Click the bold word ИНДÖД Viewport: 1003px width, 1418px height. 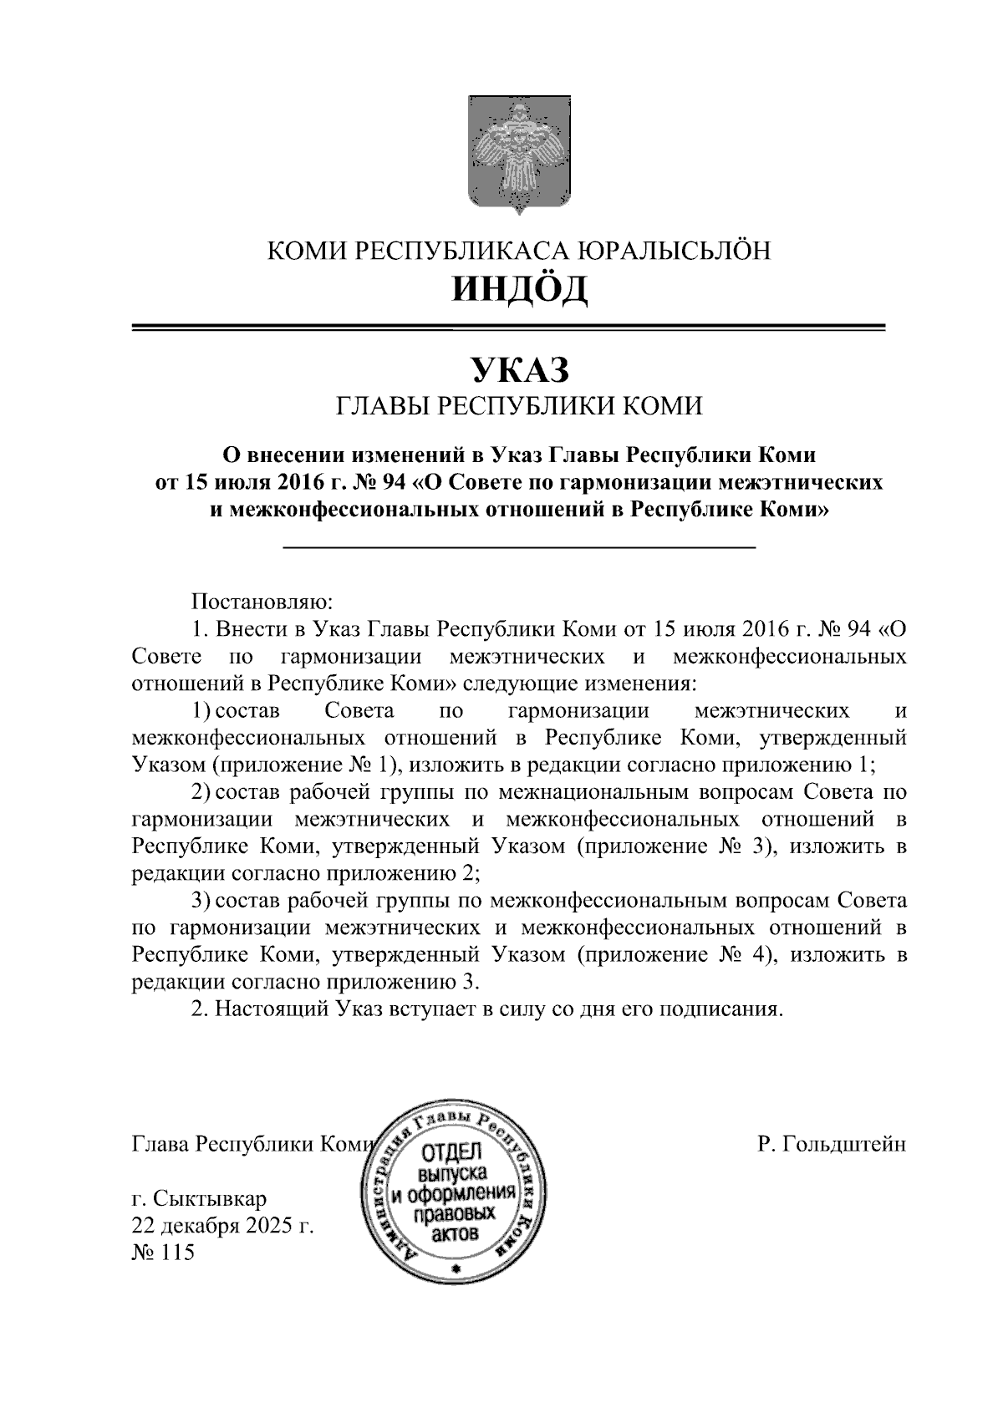pyautogui.click(x=519, y=290)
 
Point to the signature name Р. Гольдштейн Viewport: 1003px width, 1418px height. pyautogui.click(x=831, y=1144)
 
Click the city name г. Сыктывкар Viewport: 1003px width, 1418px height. pyautogui.click(x=200, y=1199)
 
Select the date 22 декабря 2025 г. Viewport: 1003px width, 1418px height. pyautogui.click(x=222, y=1226)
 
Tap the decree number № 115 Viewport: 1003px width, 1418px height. pyautogui.click(x=163, y=1253)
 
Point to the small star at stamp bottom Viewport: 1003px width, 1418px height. pyautogui.click(x=456, y=1269)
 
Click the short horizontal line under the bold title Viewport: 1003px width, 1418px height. pyautogui.click(x=519, y=547)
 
